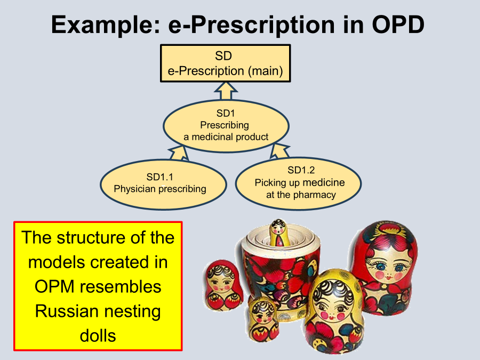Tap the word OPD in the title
click(x=398, y=25)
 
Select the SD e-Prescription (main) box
click(x=225, y=63)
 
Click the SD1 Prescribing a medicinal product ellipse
click(x=226, y=125)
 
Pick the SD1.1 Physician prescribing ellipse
click(x=163, y=185)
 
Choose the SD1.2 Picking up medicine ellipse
click(x=299, y=183)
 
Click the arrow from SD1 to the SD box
click(x=226, y=91)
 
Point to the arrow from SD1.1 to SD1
click(x=179, y=153)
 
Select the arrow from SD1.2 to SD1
click(x=279, y=150)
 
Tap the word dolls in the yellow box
click(x=98, y=336)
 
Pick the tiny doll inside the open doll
click(x=279, y=233)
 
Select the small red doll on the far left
click(x=224, y=285)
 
